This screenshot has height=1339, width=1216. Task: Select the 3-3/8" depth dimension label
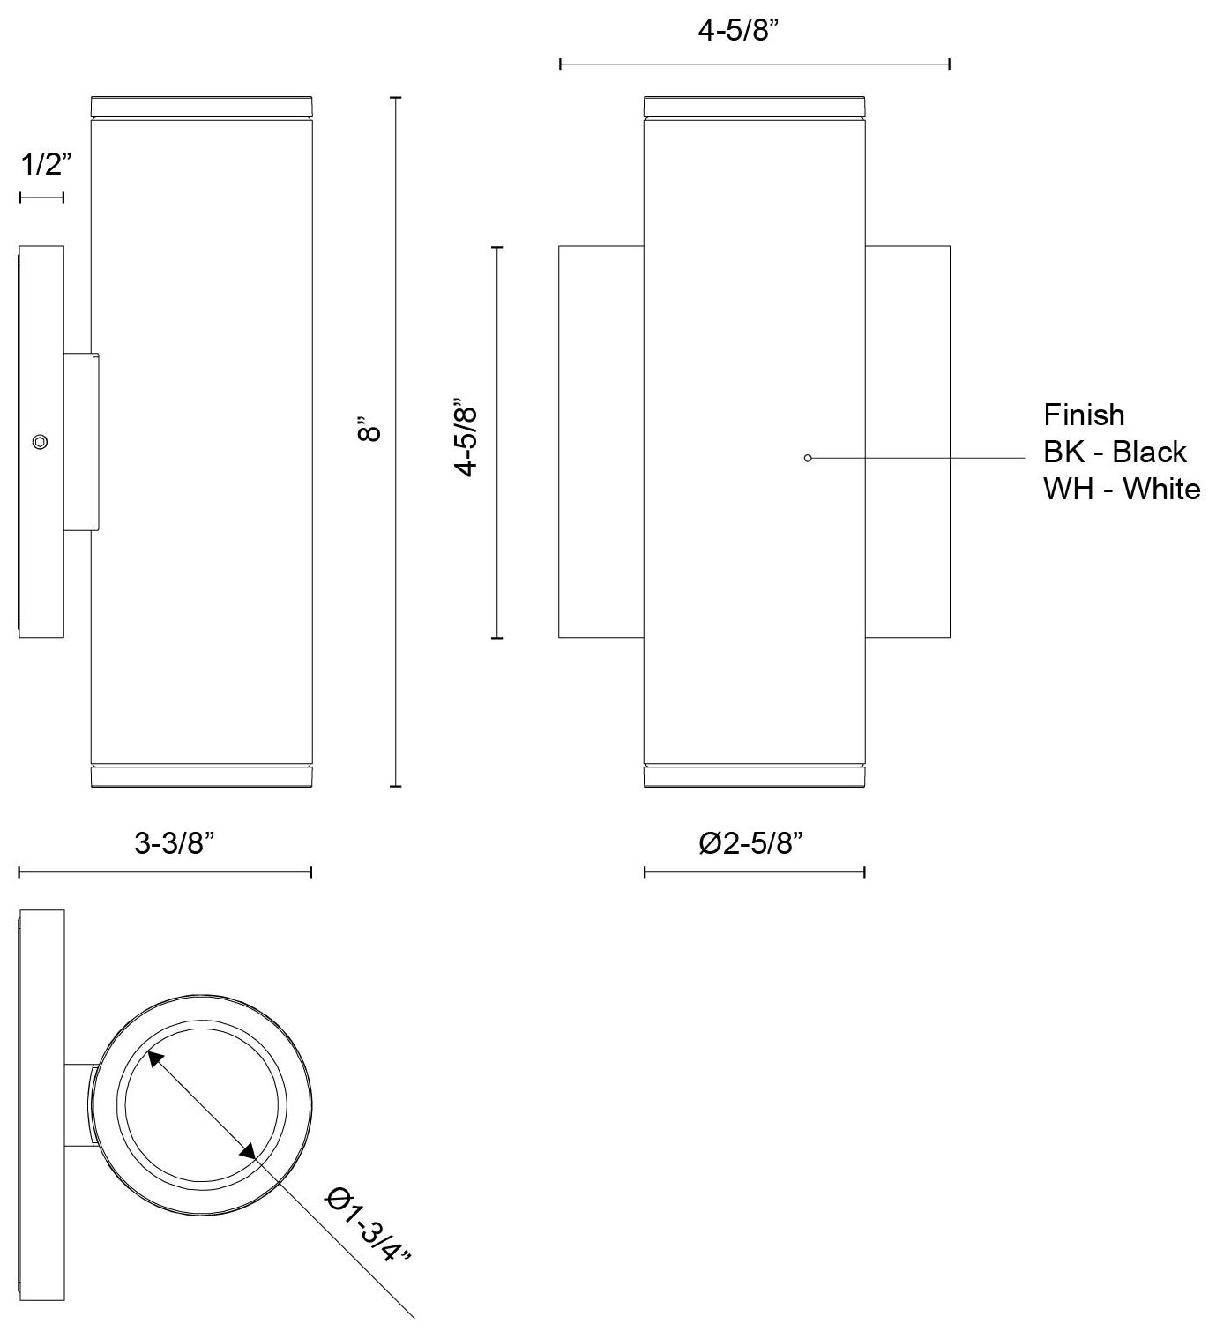click(175, 843)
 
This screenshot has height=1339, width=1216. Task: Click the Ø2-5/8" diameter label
click(750, 843)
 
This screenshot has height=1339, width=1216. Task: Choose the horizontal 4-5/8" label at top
click(740, 31)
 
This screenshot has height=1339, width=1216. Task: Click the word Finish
click(1084, 415)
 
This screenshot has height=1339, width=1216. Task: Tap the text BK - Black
click(1115, 452)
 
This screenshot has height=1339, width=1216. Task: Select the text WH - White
click(1122, 489)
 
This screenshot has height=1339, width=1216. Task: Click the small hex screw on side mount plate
click(39, 442)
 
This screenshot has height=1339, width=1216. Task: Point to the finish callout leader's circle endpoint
click(807, 458)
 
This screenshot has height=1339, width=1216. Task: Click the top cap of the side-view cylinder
click(201, 104)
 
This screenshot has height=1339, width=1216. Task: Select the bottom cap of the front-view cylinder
click(754, 775)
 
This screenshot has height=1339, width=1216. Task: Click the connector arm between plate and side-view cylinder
click(81, 442)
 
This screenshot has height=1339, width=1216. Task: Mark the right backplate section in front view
click(907, 441)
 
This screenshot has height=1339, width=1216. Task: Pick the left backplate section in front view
click(601, 441)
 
